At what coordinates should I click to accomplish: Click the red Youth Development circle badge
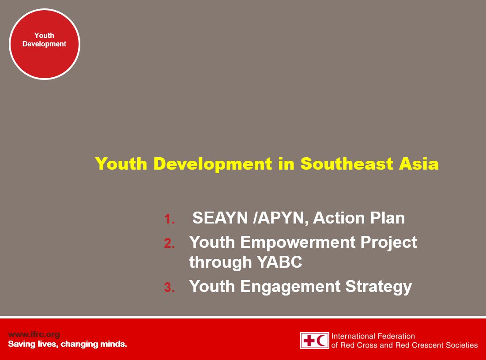[45, 44]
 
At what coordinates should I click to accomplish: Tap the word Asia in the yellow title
[418, 163]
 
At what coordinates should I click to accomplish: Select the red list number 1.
[169, 219]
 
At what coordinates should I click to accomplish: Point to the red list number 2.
[169, 243]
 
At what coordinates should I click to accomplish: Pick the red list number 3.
[169, 288]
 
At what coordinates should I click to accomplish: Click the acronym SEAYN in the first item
[220, 218]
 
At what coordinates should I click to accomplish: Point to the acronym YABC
[279, 261]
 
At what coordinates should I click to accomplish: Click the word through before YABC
[220, 262]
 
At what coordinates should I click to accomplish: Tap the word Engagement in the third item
[290, 286]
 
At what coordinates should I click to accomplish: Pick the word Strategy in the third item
[379, 286]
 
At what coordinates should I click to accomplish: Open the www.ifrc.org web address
[34, 334]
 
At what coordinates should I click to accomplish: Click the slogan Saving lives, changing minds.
[67, 344]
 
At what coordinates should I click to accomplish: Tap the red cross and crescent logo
[314, 341]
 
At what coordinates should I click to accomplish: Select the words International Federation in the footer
[373, 336]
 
